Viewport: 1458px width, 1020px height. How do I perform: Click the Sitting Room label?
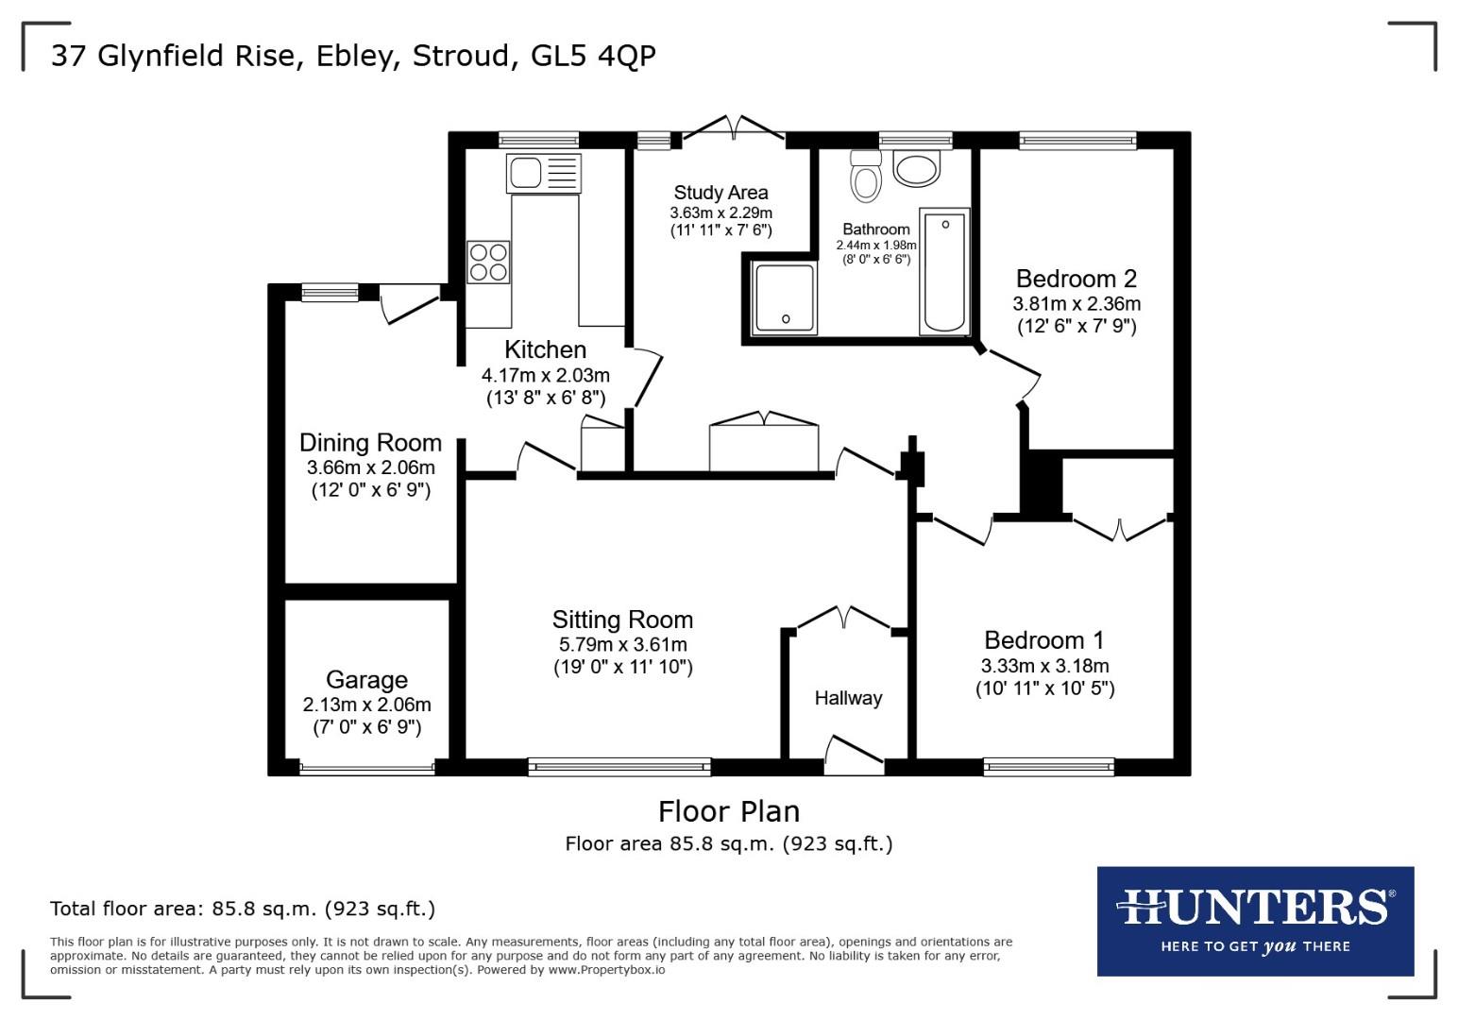[622, 620]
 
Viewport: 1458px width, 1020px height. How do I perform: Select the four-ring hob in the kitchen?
[488, 262]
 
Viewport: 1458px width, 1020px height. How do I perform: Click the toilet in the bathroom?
[865, 177]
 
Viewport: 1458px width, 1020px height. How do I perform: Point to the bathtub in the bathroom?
[945, 272]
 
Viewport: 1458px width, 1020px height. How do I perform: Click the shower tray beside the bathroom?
[784, 298]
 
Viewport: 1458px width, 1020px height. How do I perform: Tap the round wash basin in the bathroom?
[916, 170]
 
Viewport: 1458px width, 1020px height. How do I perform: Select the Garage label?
[366, 679]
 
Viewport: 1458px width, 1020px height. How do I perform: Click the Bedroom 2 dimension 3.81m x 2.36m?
[1077, 304]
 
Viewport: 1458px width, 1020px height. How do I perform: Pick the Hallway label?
[848, 698]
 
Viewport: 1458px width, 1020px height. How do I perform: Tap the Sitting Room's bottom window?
[619, 767]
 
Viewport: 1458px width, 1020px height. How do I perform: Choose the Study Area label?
[721, 193]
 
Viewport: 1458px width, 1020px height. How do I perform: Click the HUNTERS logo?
[1255, 921]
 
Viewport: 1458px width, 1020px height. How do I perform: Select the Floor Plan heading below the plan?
[728, 811]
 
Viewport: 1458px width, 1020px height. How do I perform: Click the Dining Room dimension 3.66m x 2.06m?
[370, 467]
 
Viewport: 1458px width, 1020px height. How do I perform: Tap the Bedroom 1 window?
[1048, 767]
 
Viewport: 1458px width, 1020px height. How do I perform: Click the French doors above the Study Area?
[733, 129]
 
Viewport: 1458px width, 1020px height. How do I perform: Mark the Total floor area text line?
[243, 909]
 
